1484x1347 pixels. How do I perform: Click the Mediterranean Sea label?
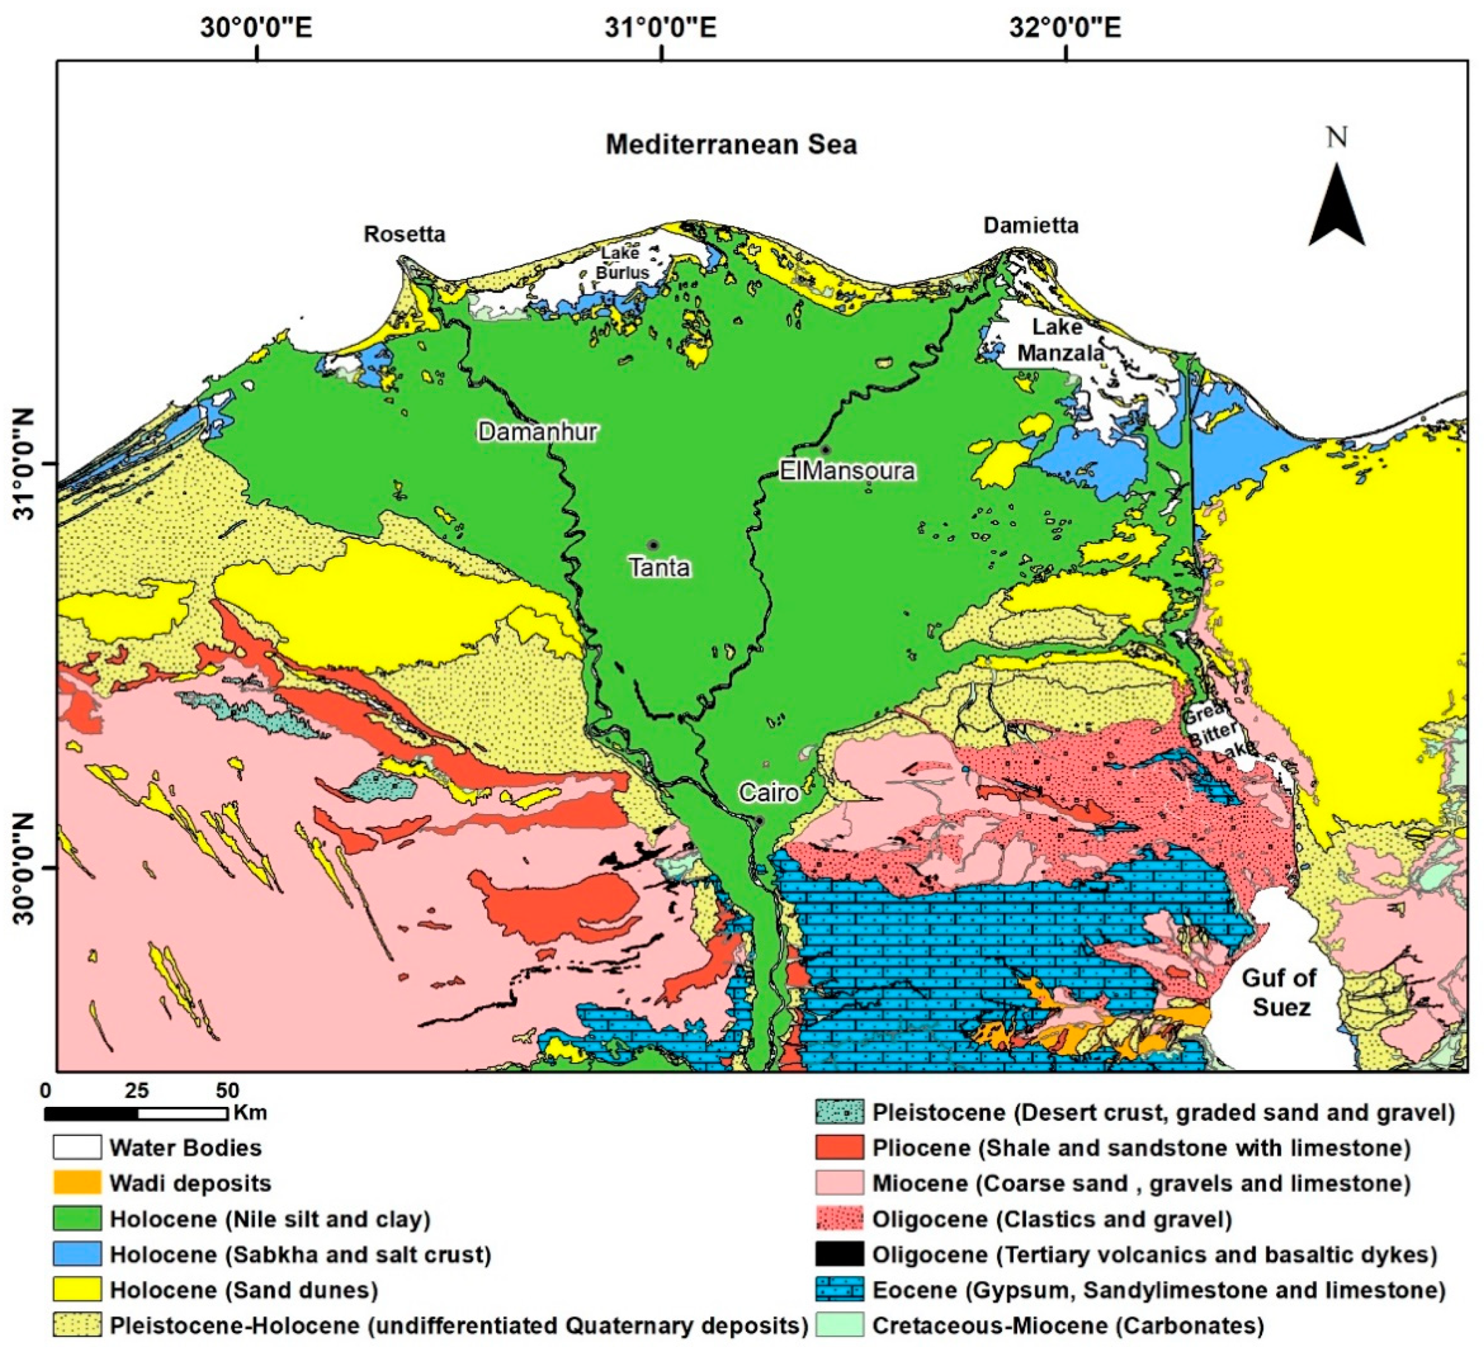[x=731, y=144]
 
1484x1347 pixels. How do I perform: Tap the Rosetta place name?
[x=404, y=234]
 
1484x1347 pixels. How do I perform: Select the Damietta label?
[x=1030, y=225]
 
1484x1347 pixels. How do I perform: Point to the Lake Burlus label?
[x=622, y=263]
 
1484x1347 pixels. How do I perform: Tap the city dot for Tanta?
[x=652, y=545]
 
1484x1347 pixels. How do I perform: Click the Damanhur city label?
[x=537, y=431]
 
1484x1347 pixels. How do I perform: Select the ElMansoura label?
[x=846, y=471]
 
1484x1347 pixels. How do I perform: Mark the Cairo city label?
[x=768, y=792]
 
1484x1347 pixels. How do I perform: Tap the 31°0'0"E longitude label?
[x=660, y=28]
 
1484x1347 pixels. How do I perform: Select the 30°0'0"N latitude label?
[x=24, y=868]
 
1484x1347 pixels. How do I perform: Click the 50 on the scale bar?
[x=228, y=1090]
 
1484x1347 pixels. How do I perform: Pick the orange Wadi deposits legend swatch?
[x=77, y=1183]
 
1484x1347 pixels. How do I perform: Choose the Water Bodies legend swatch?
[x=77, y=1148]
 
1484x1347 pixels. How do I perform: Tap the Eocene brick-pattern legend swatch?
[x=838, y=1290]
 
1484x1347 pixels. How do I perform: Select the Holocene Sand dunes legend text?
[x=244, y=1290]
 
